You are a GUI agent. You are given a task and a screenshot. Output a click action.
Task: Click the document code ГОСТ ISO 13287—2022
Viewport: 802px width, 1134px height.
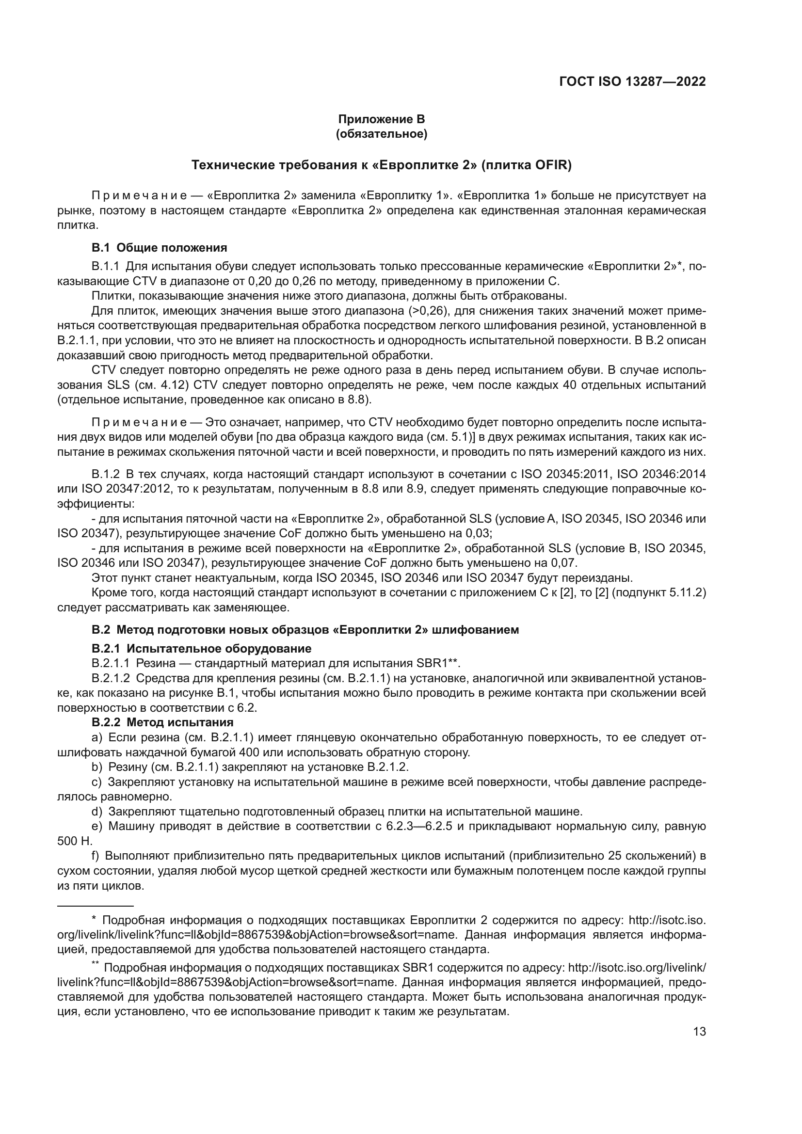(x=632, y=81)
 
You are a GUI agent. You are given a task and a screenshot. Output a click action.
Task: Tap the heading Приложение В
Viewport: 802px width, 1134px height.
(x=381, y=119)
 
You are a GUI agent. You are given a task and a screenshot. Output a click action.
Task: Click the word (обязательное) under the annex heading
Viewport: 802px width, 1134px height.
(x=381, y=134)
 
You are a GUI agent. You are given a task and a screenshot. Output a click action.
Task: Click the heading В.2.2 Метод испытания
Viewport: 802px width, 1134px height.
(x=162, y=722)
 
